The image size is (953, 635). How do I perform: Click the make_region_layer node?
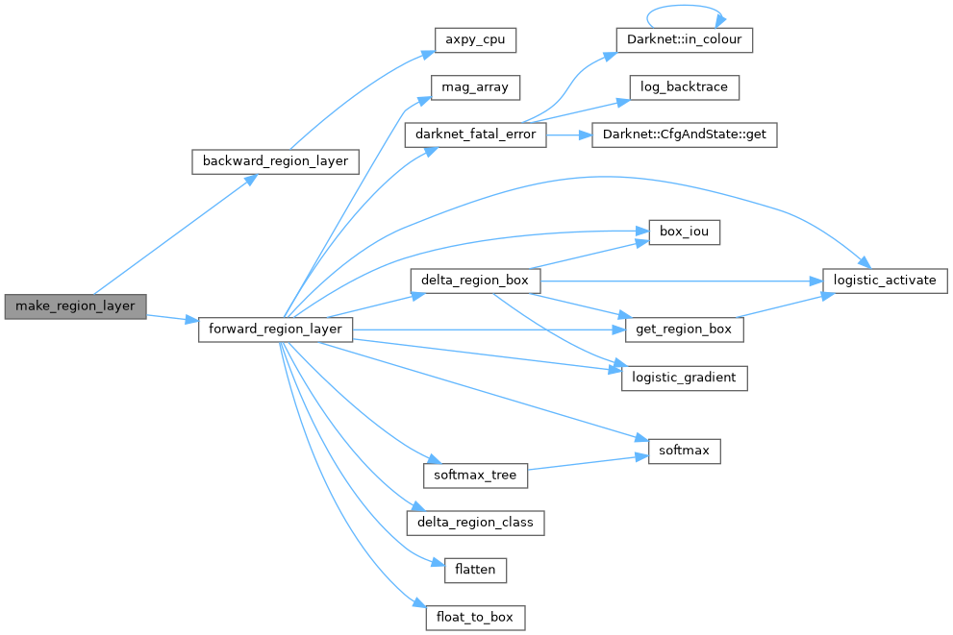coord(75,306)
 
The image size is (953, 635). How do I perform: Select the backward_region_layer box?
coord(275,160)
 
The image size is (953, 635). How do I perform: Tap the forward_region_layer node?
coord(275,330)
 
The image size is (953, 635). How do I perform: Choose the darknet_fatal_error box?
coord(475,135)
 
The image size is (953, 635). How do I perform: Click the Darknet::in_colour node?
coord(684,40)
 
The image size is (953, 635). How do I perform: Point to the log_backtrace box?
coord(684,87)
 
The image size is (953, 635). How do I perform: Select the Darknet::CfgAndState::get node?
coord(684,135)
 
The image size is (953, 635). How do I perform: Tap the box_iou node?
coord(684,232)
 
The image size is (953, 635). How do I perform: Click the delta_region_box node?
coord(475,281)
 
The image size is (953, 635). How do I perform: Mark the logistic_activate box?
coord(885,281)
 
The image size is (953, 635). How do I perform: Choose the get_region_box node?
coord(684,330)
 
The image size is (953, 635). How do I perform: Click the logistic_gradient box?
coord(684,378)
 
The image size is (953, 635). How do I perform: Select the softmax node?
coord(684,450)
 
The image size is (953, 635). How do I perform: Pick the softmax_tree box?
coord(475,475)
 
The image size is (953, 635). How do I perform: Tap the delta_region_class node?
coord(475,523)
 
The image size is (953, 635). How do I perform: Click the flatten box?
coord(475,570)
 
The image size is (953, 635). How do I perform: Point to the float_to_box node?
coord(475,617)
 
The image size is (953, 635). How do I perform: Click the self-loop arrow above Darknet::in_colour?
coord(684,8)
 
